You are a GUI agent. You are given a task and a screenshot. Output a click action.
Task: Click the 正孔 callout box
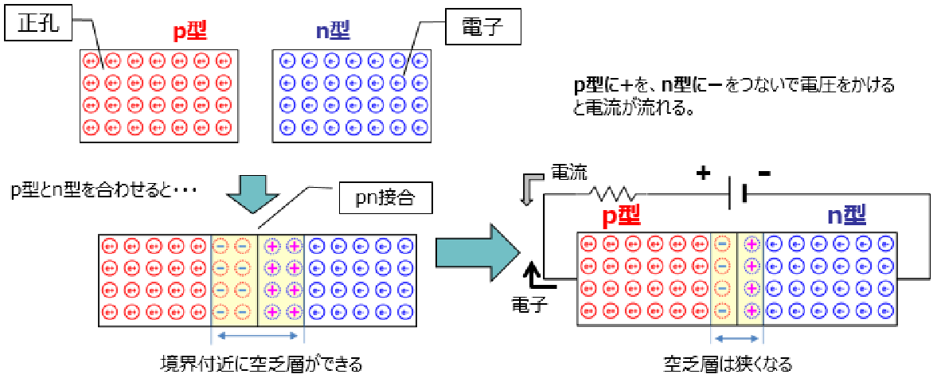point(38,27)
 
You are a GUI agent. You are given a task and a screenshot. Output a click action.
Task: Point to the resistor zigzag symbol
point(612,193)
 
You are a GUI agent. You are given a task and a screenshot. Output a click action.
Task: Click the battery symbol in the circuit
point(736,193)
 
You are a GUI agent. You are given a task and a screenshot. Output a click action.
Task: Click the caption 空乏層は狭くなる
point(728,364)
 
